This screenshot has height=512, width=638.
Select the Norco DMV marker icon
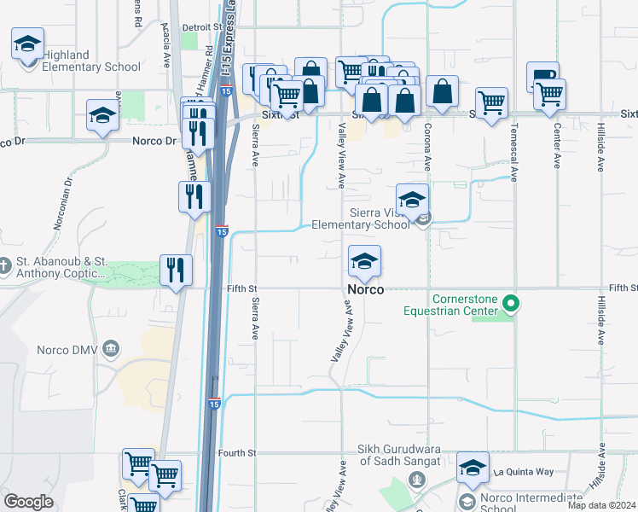[111, 348]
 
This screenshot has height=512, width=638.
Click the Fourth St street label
[236, 453]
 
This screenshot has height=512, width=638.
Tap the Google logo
[29, 502]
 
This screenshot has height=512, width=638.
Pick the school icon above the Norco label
[364, 263]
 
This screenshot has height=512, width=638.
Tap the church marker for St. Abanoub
[6, 267]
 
